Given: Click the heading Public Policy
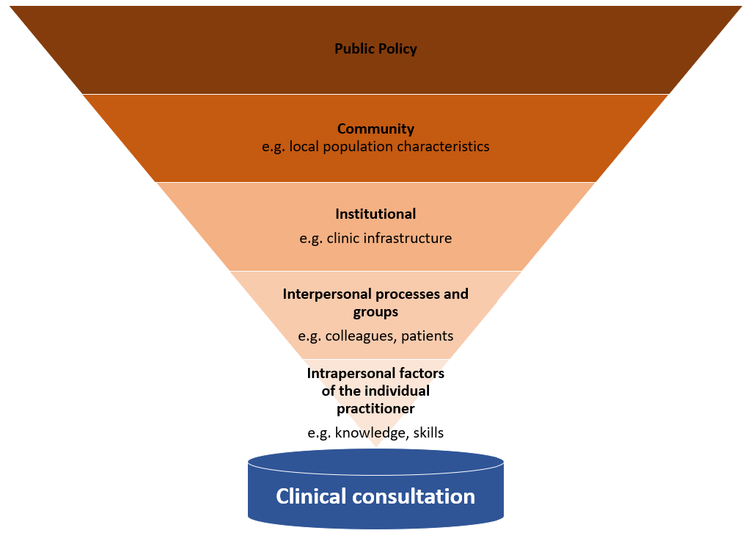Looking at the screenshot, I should (375, 49).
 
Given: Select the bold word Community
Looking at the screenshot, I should (375, 128).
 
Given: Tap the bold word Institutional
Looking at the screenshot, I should (375, 214).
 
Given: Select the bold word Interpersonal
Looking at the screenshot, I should (327, 294).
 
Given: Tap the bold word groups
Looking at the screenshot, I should (375, 312).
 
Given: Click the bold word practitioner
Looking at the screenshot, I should (375, 408).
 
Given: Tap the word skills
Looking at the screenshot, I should (428, 432).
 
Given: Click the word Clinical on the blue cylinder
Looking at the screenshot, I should (311, 496).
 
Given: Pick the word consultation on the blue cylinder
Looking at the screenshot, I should (413, 496).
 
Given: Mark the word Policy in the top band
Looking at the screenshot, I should (397, 49).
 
